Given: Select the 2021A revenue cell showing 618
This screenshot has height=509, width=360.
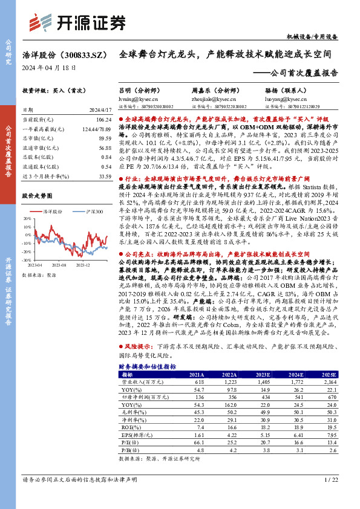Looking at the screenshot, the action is click(x=196, y=382).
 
